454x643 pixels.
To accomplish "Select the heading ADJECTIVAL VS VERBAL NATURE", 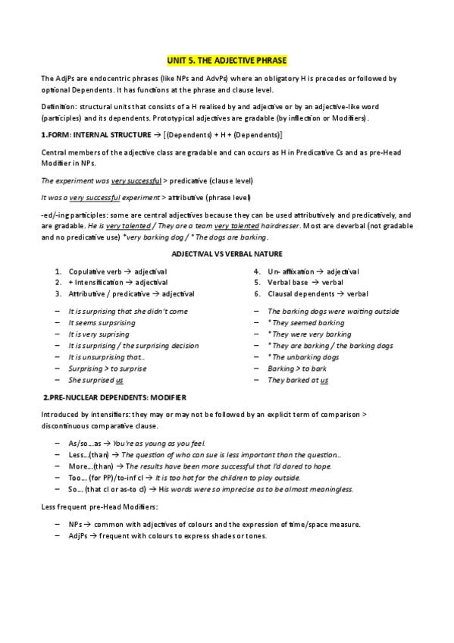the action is (227, 252).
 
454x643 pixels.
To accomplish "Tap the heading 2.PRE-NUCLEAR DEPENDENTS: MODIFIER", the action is (114, 397).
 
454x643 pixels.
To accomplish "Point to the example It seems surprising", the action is (102, 322).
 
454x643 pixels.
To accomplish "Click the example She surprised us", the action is (96, 380).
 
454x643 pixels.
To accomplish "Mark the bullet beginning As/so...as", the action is (136, 444).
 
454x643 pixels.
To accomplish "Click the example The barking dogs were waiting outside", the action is (333, 311).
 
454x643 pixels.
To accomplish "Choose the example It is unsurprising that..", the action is (106, 356).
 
